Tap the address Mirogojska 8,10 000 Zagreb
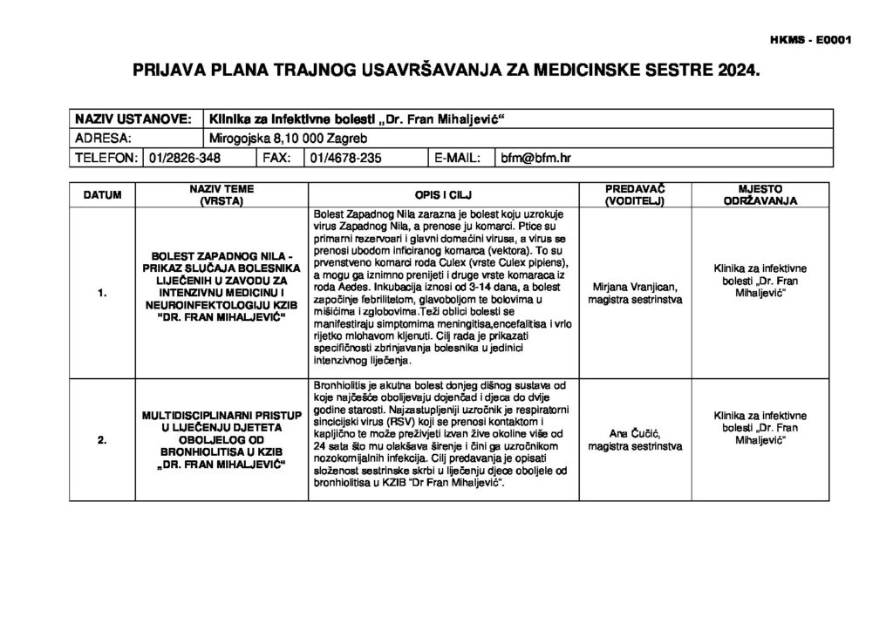[x=289, y=139]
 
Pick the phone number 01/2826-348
[x=186, y=159]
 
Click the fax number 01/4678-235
[x=346, y=159]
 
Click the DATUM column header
[x=102, y=194]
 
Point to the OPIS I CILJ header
[x=444, y=194]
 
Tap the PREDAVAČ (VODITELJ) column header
[x=635, y=194]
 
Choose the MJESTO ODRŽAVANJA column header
[x=760, y=194]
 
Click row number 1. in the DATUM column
[x=102, y=294]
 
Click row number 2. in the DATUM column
[x=102, y=441]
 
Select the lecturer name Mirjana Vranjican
[x=635, y=287]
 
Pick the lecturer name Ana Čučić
[x=635, y=434]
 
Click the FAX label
[x=276, y=159]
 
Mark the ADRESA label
[x=104, y=139]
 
